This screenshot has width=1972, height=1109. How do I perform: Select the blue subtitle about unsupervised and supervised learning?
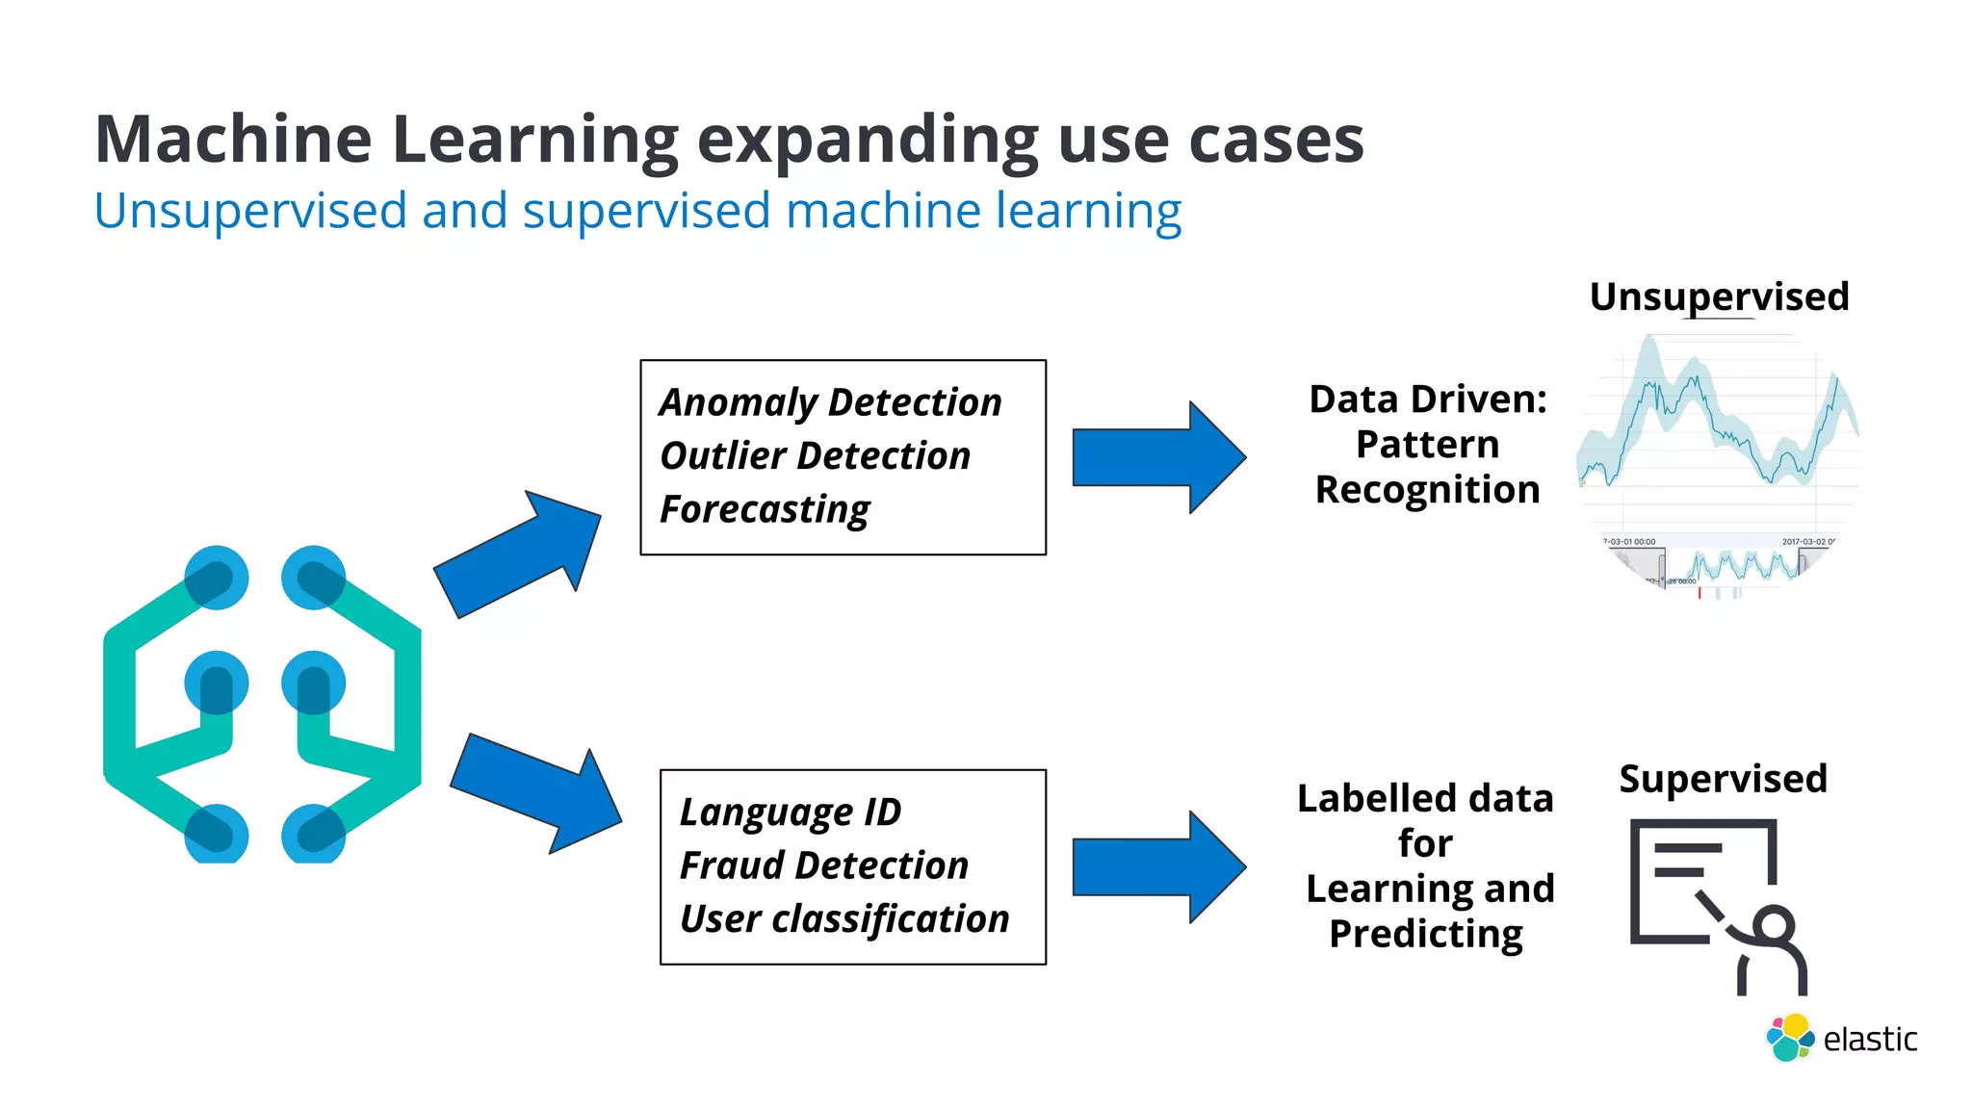tap(637, 211)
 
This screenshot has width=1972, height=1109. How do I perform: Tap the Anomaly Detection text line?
tap(830, 402)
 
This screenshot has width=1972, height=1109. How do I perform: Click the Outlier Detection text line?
tap(815, 456)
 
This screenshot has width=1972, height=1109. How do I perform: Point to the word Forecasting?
tap(765, 509)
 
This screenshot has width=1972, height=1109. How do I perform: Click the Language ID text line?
tap(791, 812)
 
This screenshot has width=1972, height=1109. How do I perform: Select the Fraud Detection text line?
tap(824, 865)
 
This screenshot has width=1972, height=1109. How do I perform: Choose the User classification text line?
tap(844, 919)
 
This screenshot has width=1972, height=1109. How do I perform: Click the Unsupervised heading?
tap(1719, 297)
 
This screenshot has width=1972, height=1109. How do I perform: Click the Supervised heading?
tap(1723, 779)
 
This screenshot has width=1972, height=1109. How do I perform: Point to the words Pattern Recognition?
tap(1427, 468)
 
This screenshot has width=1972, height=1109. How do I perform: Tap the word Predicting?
tap(1426, 934)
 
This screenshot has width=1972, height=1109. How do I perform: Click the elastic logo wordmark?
tap(1869, 1040)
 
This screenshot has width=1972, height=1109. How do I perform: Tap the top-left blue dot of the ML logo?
tap(217, 578)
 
